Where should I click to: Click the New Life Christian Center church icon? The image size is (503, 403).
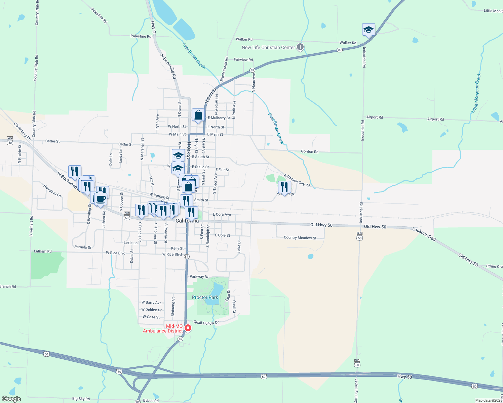pyautogui.click(x=300, y=47)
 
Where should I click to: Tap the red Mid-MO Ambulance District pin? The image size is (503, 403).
pyautogui.click(x=188, y=328)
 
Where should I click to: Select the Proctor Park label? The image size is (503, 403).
pyautogui.click(x=205, y=297)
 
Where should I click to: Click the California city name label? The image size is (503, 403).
pyautogui.click(x=187, y=221)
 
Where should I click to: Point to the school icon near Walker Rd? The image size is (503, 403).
pyautogui.click(x=369, y=30)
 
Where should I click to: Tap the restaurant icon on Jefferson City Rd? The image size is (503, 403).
pyautogui.click(x=284, y=187)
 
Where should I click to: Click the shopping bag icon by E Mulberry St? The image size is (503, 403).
pyautogui.click(x=198, y=115)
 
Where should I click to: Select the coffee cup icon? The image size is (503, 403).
pyautogui.click(x=101, y=199)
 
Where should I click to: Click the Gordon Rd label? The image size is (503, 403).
pyautogui.click(x=309, y=151)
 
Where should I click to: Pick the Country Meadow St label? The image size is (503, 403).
pyautogui.click(x=300, y=238)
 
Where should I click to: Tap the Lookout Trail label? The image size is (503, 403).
pyautogui.click(x=424, y=234)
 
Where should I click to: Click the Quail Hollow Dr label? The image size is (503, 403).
pyautogui.click(x=206, y=323)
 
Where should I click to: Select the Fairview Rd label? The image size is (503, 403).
pyautogui.click(x=243, y=60)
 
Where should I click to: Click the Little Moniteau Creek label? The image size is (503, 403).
pyautogui.click(x=476, y=93)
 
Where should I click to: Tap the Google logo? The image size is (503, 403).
pyautogui.click(x=11, y=399)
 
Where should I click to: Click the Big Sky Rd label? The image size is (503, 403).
pyautogui.click(x=81, y=399)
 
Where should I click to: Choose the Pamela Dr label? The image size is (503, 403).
pyautogui.click(x=83, y=247)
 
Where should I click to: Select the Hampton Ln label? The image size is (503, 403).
pyautogui.click(x=52, y=190)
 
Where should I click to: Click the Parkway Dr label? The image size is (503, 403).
pyautogui.click(x=199, y=277)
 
